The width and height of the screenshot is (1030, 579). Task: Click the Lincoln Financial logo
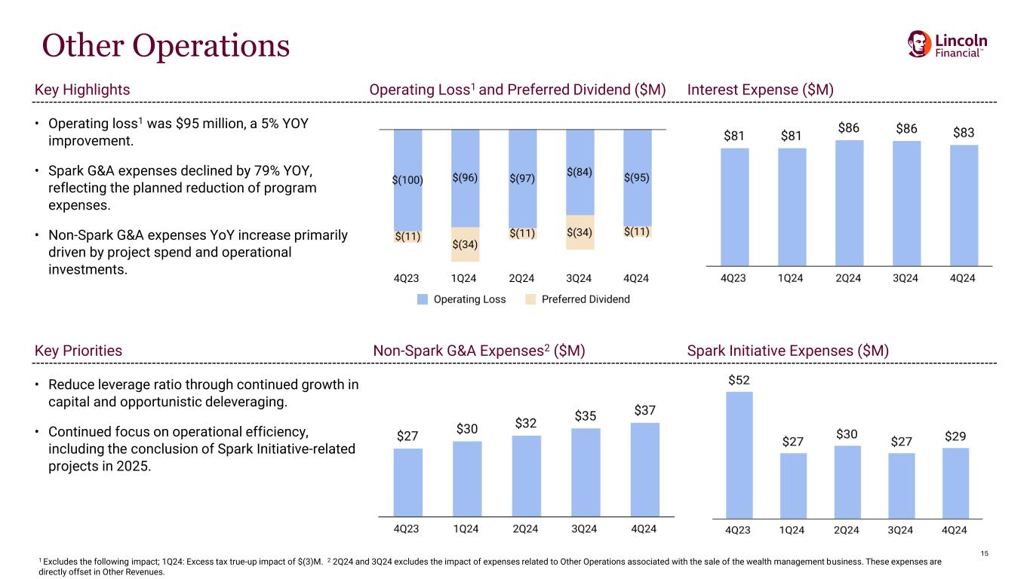(947, 44)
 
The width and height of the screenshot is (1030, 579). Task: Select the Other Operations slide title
(165, 45)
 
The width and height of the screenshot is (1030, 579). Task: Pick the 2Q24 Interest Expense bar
(849, 203)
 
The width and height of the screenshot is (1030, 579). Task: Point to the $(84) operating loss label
(579, 172)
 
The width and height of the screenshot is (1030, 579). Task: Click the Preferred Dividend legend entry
(577, 299)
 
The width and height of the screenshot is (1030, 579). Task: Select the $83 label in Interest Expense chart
(963, 133)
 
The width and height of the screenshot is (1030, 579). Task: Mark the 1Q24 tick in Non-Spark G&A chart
(466, 529)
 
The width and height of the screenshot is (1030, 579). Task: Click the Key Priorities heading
(78, 351)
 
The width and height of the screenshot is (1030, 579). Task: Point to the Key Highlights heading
(83, 90)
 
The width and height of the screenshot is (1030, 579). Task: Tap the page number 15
(984, 555)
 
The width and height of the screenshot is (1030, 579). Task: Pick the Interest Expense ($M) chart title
(760, 90)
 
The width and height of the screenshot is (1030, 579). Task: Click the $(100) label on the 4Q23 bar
(407, 179)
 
